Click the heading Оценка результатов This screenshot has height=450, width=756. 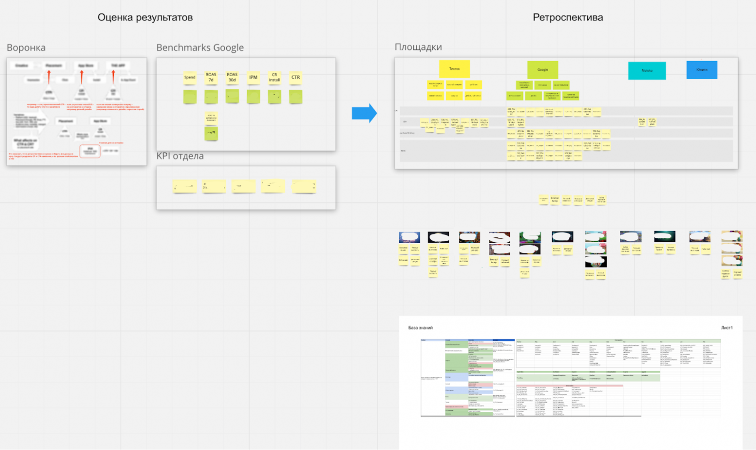coord(145,17)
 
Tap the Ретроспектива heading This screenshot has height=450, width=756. coord(567,17)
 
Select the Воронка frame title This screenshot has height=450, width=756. coord(26,47)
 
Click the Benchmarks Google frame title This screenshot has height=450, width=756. coord(200,47)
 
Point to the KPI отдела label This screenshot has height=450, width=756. coord(180,156)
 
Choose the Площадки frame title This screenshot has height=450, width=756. coord(418,47)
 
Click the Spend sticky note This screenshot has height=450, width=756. coord(189,78)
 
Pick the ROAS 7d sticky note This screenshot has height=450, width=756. coord(211,78)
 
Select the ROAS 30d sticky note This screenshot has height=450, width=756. coord(232,78)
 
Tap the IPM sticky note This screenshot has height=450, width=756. coord(253,78)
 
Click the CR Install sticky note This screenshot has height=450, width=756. coord(274,78)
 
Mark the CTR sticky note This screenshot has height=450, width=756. coord(296,78)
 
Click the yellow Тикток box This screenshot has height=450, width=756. coord(454,69)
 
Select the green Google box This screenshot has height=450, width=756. coord(542,70)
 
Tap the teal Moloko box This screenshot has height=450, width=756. coord(646,71)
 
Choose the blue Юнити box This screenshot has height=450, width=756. coord(701,70)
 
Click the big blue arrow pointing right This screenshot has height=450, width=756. coord(364,113)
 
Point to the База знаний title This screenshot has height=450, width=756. coord(420,328)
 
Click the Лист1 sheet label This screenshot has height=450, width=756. coord(726,328)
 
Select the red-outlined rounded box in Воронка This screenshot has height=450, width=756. coord(90,151)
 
